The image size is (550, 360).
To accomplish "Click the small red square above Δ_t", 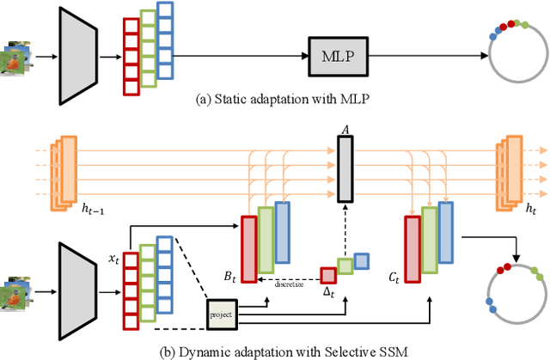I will click(328, 275).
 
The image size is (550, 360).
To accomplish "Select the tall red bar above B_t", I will click(249, 248).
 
